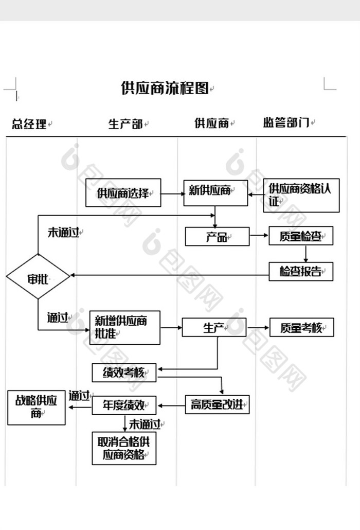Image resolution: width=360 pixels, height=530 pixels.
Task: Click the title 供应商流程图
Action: point(165,88)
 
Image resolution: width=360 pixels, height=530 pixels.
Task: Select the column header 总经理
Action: point(29,124)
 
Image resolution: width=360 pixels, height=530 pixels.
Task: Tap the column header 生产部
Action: point(125,124)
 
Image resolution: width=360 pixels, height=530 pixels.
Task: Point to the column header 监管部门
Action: point(285,123)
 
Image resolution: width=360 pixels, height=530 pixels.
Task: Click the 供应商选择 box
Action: point(123,193)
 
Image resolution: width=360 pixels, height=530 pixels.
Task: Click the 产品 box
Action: point(217,237)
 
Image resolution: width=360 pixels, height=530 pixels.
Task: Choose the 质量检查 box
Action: point(301,237)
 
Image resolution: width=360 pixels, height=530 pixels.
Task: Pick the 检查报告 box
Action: point(301,271)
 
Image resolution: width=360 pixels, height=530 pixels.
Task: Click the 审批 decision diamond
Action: point(38,277)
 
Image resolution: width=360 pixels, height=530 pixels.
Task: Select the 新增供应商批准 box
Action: point(124,327)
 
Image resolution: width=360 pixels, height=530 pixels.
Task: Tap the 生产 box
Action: point(214,328)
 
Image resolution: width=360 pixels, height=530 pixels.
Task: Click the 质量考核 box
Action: point(301,327)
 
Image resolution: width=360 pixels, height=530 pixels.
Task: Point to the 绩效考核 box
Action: point(124,373)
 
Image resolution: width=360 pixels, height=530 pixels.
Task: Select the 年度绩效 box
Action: point(124,405)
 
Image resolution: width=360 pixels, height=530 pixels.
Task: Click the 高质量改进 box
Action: point(217,405)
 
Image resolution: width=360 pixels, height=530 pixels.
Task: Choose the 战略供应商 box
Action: point(36,408)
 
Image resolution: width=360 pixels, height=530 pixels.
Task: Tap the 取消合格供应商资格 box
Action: point(124,448)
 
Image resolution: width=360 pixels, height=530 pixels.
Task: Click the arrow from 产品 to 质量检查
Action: point(259,237)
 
